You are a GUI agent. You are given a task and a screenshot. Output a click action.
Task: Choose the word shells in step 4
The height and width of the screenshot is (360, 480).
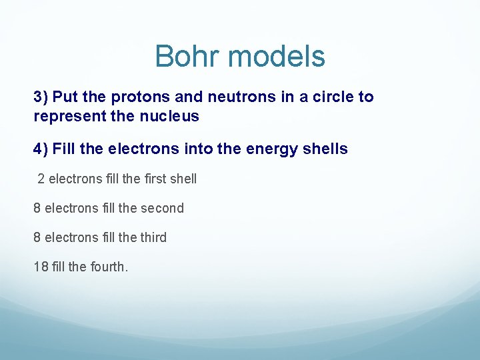(x=323, y=149)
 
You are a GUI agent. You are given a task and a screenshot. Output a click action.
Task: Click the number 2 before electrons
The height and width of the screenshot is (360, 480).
(x=41, y=179)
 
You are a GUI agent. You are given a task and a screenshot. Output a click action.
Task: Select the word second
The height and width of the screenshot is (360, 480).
(x=161, y=208)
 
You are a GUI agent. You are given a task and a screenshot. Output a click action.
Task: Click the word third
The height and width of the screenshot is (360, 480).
(x=153, y=237)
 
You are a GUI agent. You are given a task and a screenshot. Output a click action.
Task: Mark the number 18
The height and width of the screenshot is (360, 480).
(x=41, y=267)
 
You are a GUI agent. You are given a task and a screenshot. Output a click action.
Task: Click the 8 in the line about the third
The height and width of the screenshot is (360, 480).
(x=37, y=237)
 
